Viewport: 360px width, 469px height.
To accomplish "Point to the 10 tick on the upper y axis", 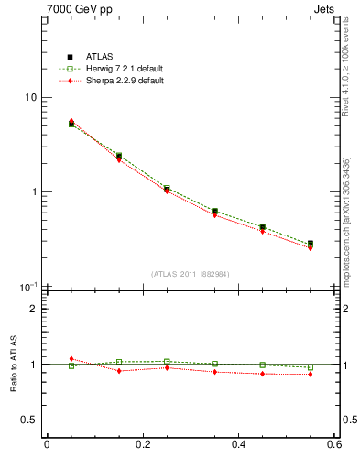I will click(x=30, y=98).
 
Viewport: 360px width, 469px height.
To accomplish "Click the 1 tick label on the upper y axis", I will click(x=33, y=192).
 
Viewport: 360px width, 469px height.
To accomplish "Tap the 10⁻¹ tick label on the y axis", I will click(x=28, y=287).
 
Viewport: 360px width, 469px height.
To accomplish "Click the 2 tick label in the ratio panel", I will click(x=33, y=309).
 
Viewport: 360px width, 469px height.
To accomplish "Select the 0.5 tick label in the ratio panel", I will click(x=29, y=420).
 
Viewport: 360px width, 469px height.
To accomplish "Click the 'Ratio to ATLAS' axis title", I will click(x=13, y=364).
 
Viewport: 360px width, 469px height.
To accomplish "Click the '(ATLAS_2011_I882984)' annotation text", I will click(x=190, y=274).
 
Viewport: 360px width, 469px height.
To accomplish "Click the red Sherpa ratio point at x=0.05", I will click(x=71, y=359).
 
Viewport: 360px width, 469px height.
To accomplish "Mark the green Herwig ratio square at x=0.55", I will click(x=311, y=367).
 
